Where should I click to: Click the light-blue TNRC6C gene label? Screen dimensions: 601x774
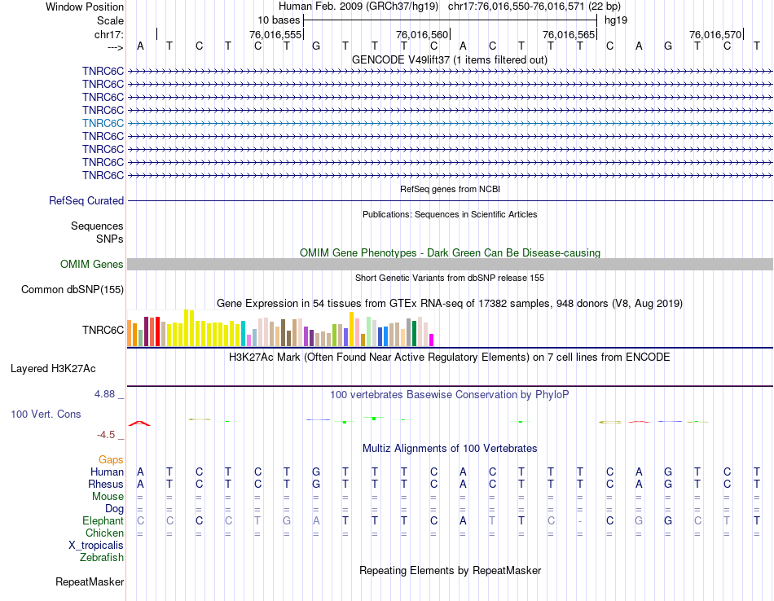[103, 123]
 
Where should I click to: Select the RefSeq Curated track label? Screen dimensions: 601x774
[86, 200]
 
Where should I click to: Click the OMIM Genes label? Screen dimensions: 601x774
[92, 264]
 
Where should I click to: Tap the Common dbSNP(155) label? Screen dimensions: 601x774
[73, 289]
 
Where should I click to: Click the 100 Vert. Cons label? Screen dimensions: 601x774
[46, 414]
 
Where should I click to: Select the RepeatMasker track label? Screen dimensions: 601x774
[90, 581]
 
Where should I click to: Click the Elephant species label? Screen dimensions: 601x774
[103, 520]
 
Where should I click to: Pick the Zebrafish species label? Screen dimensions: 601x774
[102, 557]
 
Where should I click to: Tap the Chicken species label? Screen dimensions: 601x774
[104, 533]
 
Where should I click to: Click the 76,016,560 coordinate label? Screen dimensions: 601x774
[422, 34]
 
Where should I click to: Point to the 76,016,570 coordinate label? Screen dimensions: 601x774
[715, 34]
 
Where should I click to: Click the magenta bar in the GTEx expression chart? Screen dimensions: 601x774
[432, 340]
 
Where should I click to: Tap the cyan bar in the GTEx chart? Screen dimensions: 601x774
[244, 333]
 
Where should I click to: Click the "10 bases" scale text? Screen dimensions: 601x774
[279, 19]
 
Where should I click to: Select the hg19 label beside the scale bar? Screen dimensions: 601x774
[617, 19]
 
